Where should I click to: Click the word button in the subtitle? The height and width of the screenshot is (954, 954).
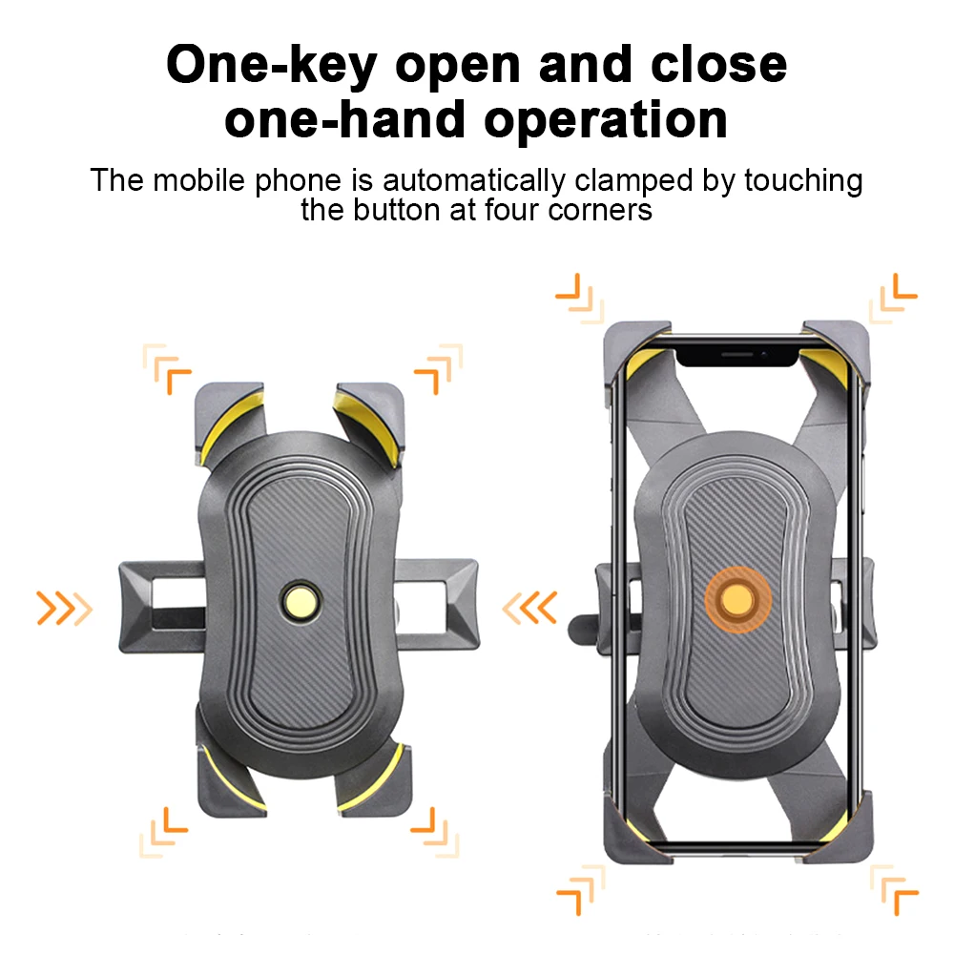pos(400,209)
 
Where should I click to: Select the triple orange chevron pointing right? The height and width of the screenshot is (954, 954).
pos(64,606)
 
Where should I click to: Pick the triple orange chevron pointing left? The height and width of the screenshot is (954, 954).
pos(530,606)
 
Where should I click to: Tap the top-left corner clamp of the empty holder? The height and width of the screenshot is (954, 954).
pos(229,418)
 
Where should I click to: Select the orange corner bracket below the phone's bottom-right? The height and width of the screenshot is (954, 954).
pos(894,891)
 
